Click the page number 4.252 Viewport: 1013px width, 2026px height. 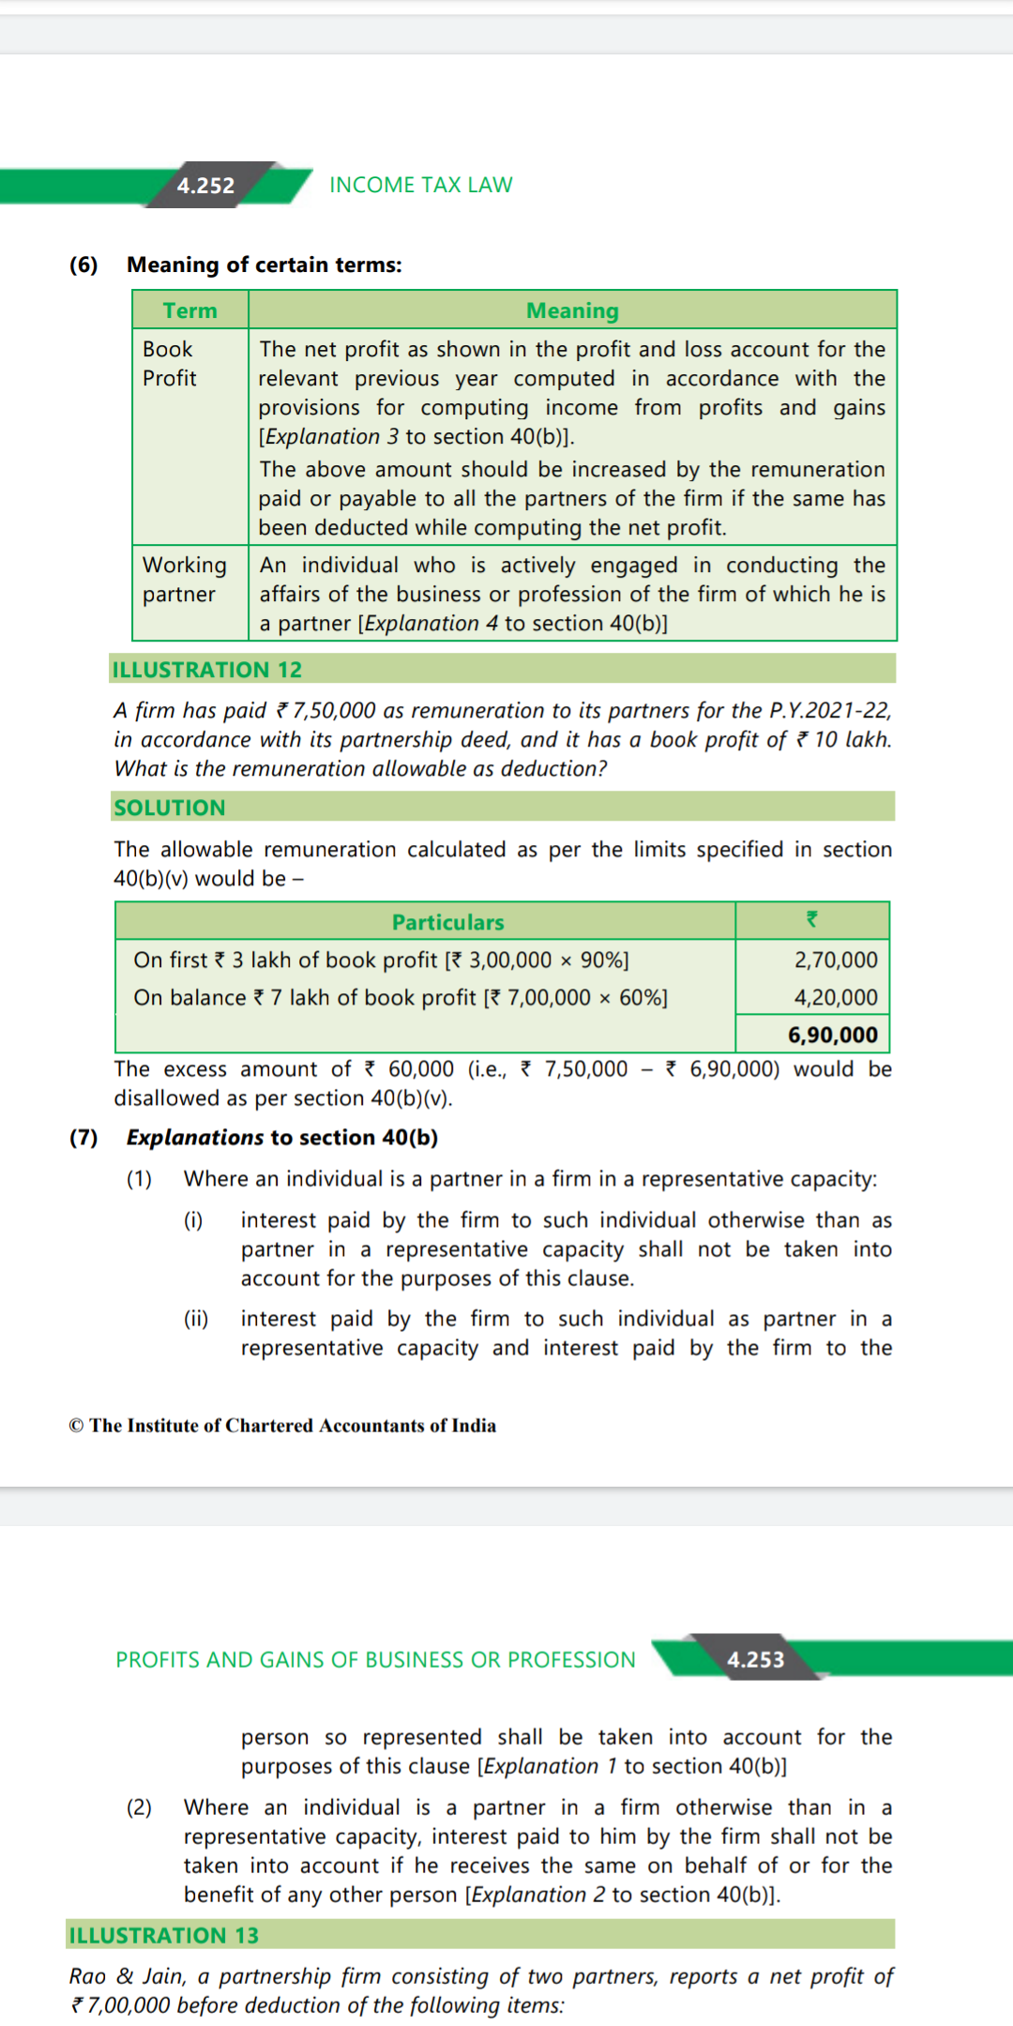(205, 186)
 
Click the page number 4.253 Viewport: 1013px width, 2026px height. (755, 1659)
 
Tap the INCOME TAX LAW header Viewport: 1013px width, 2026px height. (420, 185)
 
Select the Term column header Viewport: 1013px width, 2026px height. (189, 310)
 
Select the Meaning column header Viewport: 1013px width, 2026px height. (572, 310)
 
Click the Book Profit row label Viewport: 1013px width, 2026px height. (170, 363)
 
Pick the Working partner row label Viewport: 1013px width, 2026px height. (184, 580)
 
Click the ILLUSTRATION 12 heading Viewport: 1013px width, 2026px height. (207, 670)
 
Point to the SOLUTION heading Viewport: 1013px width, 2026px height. (170, 808)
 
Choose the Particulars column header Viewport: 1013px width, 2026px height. (447, 922)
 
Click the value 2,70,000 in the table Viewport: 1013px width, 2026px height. (836, 960)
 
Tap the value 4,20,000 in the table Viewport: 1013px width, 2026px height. (836, 997)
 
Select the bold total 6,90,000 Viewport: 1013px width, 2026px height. (833, 1035)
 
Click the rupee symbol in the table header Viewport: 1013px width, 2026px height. (812, 920)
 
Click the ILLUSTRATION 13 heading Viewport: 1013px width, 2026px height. (164, 1935)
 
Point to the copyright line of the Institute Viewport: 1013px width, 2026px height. (282, 1426)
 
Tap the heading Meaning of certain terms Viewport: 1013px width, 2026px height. (264, 265)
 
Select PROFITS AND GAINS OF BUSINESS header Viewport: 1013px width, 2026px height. (375, 1659)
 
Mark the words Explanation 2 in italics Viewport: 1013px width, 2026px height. (538, 1895)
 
